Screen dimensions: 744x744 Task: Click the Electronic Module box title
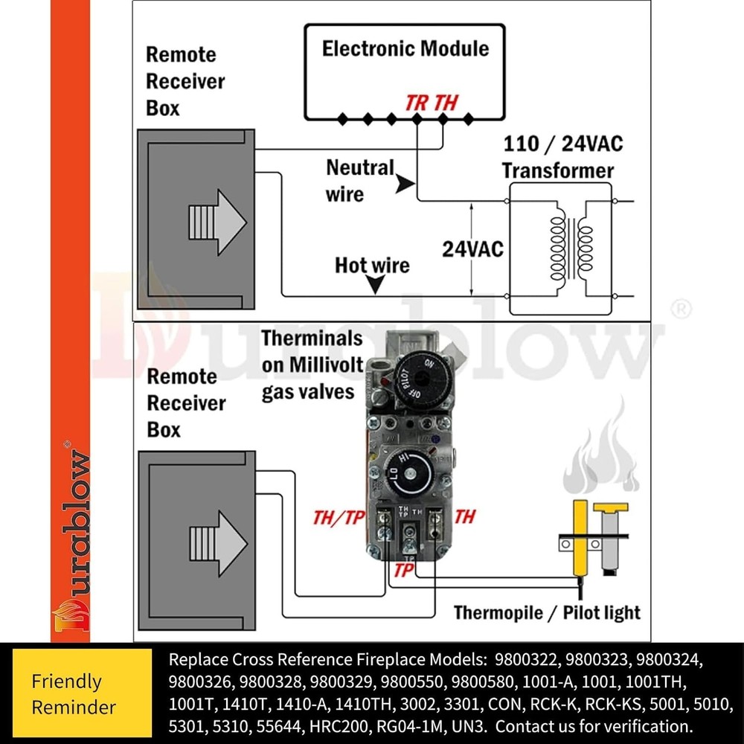coord(405,49)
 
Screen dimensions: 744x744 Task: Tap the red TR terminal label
coord(417,103)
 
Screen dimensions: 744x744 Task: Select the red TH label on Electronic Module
coord(446,103)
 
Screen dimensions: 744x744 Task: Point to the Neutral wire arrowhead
coord(404,184)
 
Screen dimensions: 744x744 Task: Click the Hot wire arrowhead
coord(376,284)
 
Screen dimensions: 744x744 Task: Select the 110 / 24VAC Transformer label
coord(558,156)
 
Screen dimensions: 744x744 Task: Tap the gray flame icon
coord(603,458)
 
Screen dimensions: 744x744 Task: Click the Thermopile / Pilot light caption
coord(547,613)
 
